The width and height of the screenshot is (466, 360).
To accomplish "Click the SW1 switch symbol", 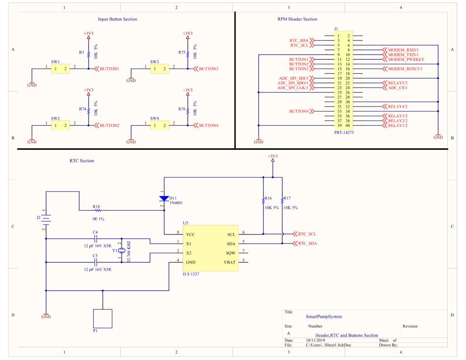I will pyautogui.click(x=61, y=69).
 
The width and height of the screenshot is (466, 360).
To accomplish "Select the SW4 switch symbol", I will pyautogui.click(x=160, y=125).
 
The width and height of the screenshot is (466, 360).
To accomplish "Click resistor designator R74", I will pyautogui.click(x=82, y=109).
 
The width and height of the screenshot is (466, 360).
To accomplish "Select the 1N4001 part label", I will pyautogui.click(x=176, y=203).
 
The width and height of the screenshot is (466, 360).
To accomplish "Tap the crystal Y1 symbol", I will pyautogui.click(x=122, y=251).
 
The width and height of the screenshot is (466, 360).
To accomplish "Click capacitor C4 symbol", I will pyautogui.click(x=95, y=238).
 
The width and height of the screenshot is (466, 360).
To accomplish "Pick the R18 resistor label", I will pyautogui.click(x=96, y=207).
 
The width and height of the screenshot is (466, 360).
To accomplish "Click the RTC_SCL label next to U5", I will pyautogui.click(x=307, y=234).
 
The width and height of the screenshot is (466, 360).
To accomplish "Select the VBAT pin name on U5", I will pyautogui.click(x=230, y=262).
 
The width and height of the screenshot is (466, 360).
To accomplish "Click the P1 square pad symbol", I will pyautogui.click(x=102, y=319).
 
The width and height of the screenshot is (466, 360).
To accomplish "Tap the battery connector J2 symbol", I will pyautogui.click(x=46, y=219).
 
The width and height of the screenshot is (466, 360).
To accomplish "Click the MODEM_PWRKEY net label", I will pyautogui.click(x=405, y=60).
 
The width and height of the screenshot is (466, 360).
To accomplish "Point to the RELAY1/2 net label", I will pyautogui.click(x=397, y=126).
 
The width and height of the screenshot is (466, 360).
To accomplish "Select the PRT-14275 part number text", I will pyautogui.click(x=344, y=132).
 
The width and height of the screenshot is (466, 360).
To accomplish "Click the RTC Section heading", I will pyautogui.click(x=81, y=161).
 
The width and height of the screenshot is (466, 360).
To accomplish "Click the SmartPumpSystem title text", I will pyautogui.click(x=324, y=316).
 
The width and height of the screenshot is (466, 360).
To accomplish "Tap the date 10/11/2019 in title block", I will pyautogui.click(x=316, y=340).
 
